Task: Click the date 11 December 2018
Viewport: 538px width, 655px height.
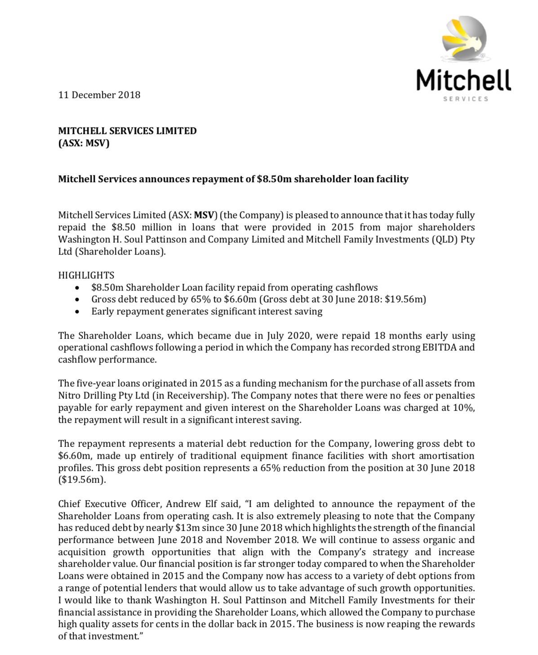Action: (x=99, y=95)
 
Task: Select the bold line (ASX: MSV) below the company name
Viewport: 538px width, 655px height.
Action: (x=84, y=144)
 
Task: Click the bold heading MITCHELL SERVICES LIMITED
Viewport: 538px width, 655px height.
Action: (x=127, y=131)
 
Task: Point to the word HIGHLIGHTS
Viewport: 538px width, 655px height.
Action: (x=86, y=275)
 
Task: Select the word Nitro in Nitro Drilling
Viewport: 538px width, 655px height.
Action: (x=69, y=396)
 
